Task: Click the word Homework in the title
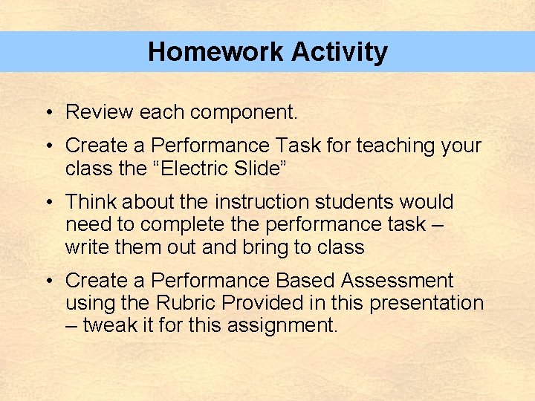coord(216,52)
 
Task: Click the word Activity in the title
coord(340,52)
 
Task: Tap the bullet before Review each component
coord(47,113)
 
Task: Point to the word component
coord(243,113)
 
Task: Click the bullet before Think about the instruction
coord(47,202)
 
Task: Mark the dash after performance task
coord(437,224)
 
